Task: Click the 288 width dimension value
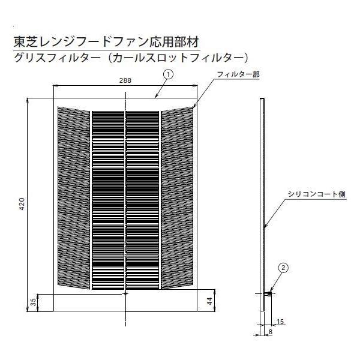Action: [125, 79]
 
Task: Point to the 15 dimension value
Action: [280, 322]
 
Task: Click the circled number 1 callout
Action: [169, 74]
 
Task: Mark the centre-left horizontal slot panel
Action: [107, 198]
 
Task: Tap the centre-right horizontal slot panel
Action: [142, 198]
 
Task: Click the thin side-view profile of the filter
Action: [262, 204]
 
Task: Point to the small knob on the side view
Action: [270, 293]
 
